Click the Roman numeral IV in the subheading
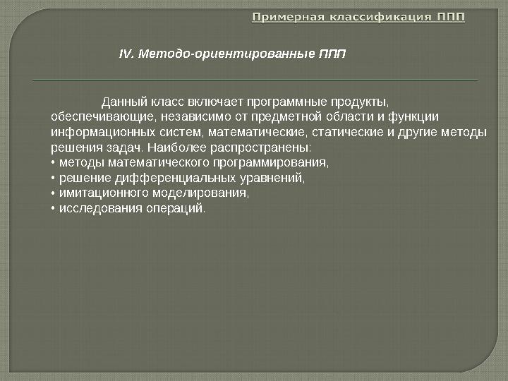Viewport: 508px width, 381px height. (x=126, y=54)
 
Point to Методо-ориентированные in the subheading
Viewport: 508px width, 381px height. (x=222, y=54)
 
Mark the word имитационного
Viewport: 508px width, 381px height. (x=101, y=193)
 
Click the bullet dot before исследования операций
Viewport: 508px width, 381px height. (x=54, y=209)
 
